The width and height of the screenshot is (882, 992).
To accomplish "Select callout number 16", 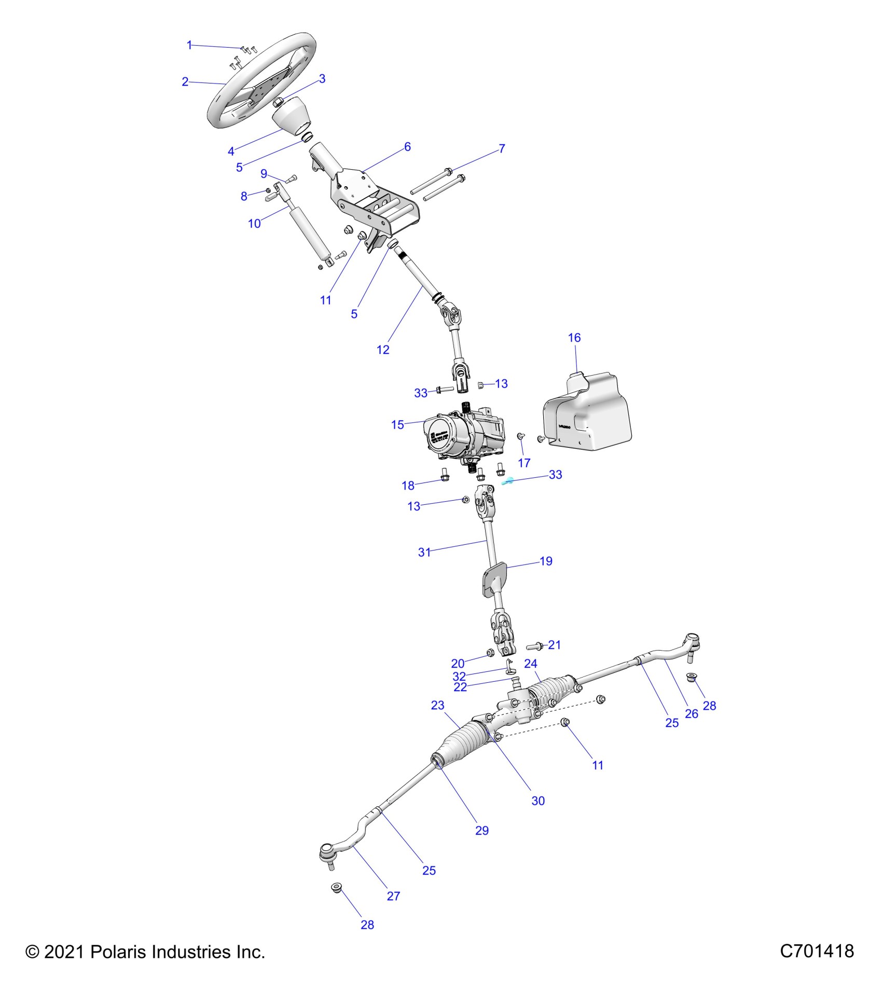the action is [574, 338].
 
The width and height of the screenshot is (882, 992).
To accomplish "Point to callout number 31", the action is [424, 553].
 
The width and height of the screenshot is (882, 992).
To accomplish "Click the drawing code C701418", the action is [817, 951].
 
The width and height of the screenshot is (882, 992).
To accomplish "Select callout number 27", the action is [393, 896].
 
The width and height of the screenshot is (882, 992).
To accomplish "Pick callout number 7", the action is [502, 149].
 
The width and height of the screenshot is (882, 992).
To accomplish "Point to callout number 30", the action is [538, 801].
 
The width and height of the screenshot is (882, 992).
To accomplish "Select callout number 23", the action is [437, 705].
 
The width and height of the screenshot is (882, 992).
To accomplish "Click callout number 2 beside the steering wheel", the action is [185, 81].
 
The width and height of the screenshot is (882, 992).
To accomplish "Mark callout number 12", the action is [383, 350].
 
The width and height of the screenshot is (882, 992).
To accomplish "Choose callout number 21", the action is [555, 645].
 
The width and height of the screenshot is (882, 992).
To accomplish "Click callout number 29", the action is [482, 831].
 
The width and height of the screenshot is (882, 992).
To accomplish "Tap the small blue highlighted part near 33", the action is [507, 481].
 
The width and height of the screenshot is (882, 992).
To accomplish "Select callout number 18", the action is [408, 486].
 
